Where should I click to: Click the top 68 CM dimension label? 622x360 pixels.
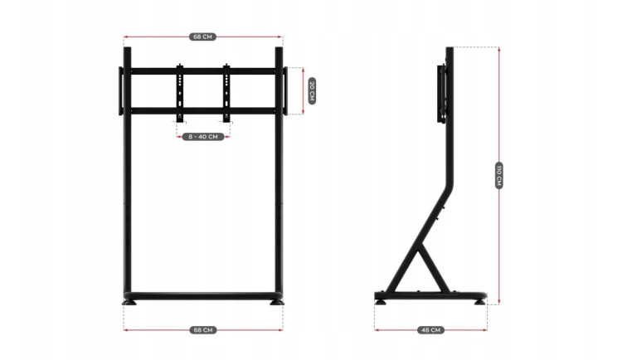click(202, 37)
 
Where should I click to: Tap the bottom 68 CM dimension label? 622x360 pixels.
click(203, 330)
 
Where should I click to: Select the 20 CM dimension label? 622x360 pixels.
click(312, 91)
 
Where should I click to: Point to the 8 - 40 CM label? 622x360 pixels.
click(203, 137)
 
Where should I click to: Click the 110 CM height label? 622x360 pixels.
click(499, 175)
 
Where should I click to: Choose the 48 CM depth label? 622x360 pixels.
click(430, 330)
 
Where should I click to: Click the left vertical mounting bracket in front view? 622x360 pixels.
click(180, 92)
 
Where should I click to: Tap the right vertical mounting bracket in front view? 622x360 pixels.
click(226, 92)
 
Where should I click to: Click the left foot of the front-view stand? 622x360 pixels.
click(129, 303)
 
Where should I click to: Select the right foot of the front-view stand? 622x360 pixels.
click(277, 303)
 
